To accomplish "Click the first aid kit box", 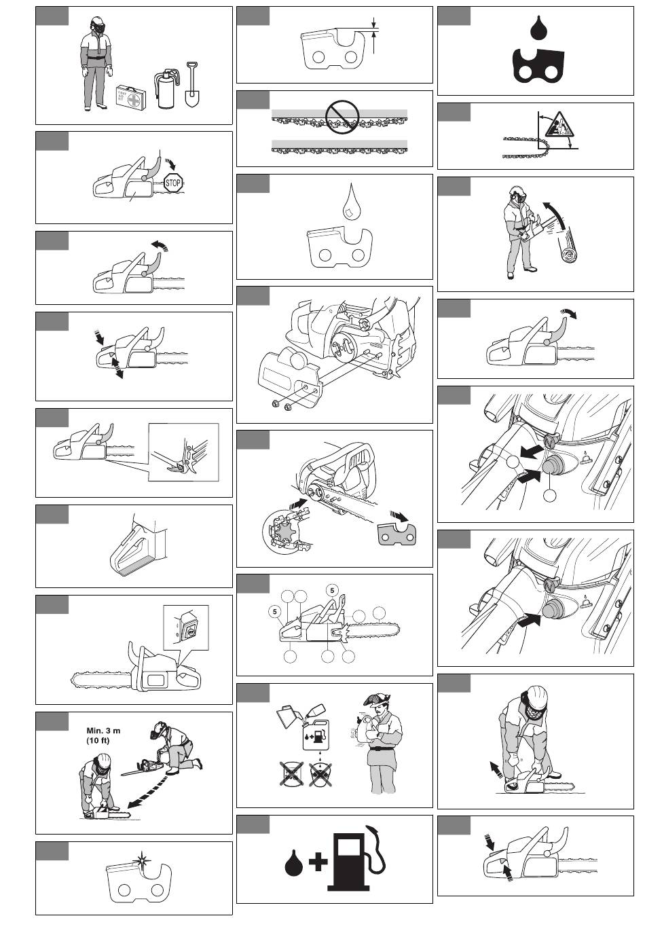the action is coord(131,98).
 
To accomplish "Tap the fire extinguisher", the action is coord(166,89).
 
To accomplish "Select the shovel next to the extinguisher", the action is coord(191,85).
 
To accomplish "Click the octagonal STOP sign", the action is coord(173,183).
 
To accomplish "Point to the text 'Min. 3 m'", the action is coord(103,730).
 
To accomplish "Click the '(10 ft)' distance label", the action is coord(98,740).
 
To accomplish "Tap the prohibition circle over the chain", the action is coord(342,117).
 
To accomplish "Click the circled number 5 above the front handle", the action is coord(332,590).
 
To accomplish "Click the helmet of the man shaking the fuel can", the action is coord(377,699).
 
